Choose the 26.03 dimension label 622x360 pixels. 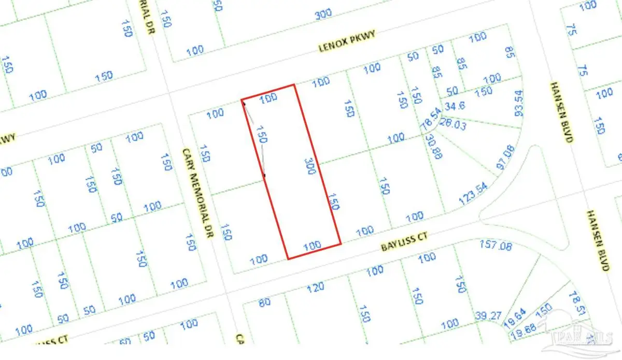tap(452, 123)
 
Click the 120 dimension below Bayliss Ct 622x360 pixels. tap(315, 286)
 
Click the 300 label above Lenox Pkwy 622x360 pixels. tap(323, 15)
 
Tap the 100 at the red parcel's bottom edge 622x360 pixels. tap(312, 246)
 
